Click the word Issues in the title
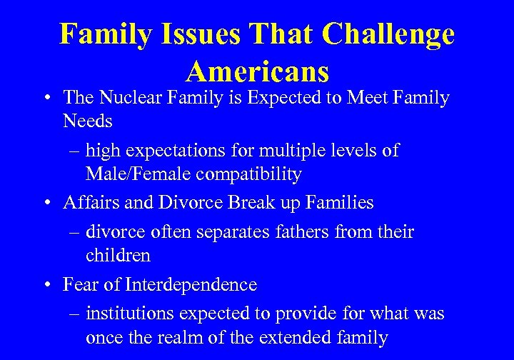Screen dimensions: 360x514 tap(198, 34)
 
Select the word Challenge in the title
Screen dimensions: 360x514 tap(388, 34)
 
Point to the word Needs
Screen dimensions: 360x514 tap(87, 121)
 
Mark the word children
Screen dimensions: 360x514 tap(117, 255)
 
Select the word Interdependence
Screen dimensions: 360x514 tap(191, 284)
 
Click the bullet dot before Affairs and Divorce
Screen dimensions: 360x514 tap(45, 204)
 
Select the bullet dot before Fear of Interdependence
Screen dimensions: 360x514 tap(45, 285)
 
